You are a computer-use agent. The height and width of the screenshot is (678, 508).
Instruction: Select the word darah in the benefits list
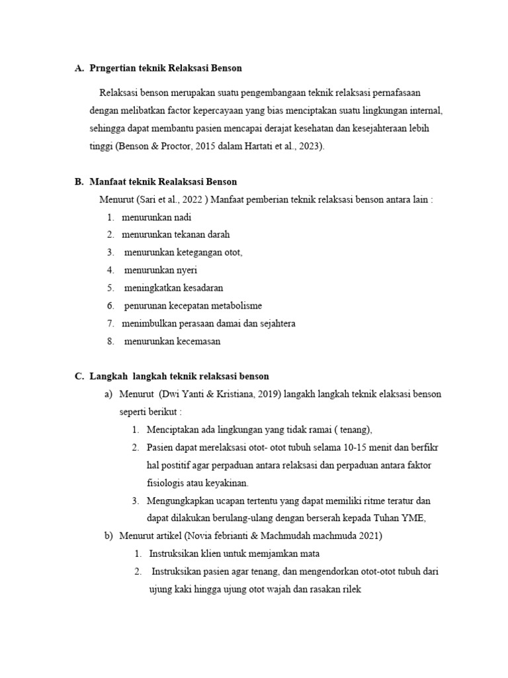218,234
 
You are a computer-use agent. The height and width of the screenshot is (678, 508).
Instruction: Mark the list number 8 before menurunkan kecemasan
110,342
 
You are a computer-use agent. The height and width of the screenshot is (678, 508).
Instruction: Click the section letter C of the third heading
79,377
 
